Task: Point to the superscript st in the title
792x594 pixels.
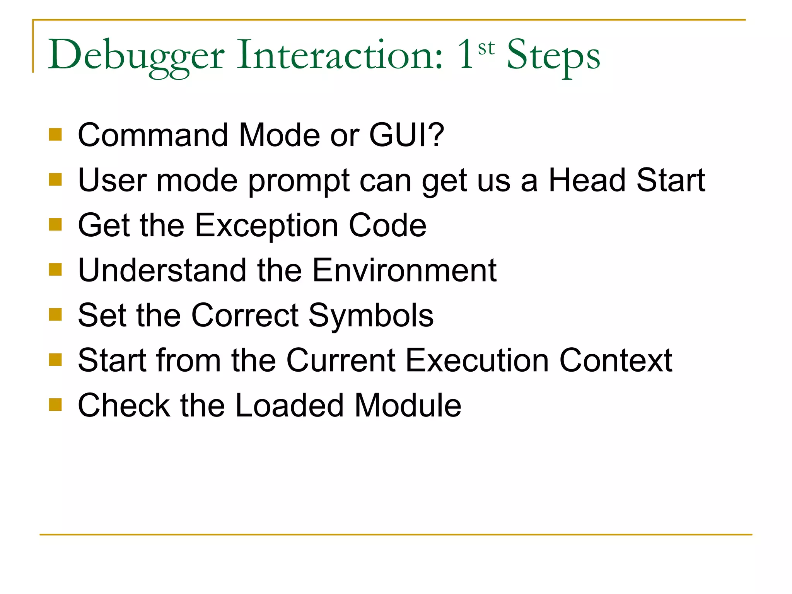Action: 486,48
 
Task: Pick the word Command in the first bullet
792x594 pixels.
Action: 153,135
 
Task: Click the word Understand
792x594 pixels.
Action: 162,270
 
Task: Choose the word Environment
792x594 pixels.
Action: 404,270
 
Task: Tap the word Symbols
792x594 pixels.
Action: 371,316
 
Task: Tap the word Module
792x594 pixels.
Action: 408,405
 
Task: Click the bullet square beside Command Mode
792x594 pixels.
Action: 56,135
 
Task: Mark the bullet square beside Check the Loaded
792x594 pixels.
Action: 56,405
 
